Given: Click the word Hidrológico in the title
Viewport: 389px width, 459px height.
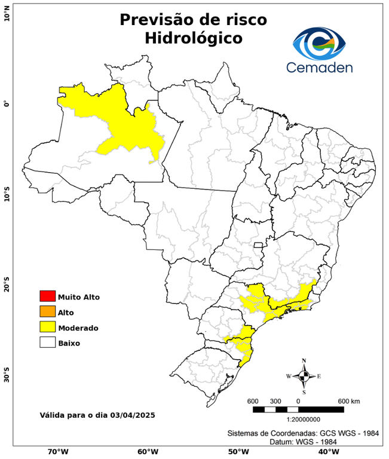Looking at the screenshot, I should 193,38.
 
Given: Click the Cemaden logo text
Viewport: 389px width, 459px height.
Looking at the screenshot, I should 319,67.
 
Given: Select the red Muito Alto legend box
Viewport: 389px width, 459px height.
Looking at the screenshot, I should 47,296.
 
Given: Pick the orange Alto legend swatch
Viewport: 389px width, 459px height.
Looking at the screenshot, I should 47,312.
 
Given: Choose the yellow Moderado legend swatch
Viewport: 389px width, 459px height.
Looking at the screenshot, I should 47,328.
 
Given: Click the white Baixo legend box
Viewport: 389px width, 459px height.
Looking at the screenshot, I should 47,343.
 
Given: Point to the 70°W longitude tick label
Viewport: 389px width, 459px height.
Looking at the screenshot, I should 57,452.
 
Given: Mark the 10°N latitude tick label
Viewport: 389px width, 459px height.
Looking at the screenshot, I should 7,13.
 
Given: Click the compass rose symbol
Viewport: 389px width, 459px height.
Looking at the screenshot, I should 304,376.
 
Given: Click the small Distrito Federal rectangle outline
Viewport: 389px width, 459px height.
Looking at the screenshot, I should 259,245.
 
